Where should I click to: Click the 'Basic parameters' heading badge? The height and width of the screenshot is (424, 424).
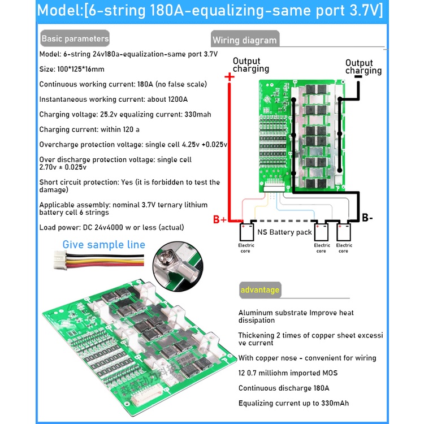75,39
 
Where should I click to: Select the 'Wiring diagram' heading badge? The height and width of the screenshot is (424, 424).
244,40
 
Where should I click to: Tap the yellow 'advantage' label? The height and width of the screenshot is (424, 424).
260,290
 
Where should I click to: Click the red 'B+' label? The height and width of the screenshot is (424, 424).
219,220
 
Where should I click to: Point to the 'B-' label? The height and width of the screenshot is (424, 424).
367,218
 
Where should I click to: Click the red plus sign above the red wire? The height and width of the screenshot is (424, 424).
230,77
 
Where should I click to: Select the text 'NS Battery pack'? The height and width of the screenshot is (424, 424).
284,232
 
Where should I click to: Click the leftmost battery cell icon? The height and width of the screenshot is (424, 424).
246,232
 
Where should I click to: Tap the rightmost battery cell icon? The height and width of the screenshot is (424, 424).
344,232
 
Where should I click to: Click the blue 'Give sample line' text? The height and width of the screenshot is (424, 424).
103,245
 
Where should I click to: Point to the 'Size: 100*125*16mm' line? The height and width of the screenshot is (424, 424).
72,69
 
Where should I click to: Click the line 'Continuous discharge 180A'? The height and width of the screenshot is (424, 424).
283,388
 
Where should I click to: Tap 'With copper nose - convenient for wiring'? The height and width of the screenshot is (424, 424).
307,358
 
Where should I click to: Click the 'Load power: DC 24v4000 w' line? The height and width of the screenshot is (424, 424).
111,227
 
